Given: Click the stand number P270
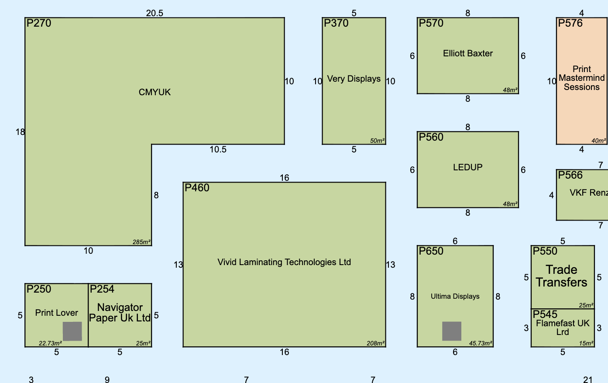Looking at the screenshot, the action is pos(39,23).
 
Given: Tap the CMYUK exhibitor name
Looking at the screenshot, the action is pos(155,92).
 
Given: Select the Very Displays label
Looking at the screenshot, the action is pos(354,79).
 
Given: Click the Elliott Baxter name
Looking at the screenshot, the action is pos(467,53).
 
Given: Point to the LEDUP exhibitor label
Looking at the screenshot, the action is pos(467,167).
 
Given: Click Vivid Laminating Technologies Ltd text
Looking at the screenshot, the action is pos(284,262).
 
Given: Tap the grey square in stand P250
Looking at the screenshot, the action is pos(72,331).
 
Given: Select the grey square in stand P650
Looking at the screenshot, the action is pos(452,331).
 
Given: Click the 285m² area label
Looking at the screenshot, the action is pos(141,242).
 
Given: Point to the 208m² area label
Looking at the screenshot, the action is pos(376,343).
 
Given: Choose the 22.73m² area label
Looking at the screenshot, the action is pos(50,343).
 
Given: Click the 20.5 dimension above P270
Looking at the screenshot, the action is pos(155,13).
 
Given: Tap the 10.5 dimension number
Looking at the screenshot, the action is pos(218,149).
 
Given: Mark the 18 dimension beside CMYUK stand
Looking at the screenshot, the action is pos(20,132).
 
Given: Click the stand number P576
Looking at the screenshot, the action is pos(570,23).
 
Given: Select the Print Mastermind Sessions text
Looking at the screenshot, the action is pos(582,78).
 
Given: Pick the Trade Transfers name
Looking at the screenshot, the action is pos(562,276).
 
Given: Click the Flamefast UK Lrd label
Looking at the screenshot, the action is pos(563,328).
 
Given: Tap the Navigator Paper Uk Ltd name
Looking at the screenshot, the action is pos(120,313).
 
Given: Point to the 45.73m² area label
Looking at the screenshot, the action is pos(481,343).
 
